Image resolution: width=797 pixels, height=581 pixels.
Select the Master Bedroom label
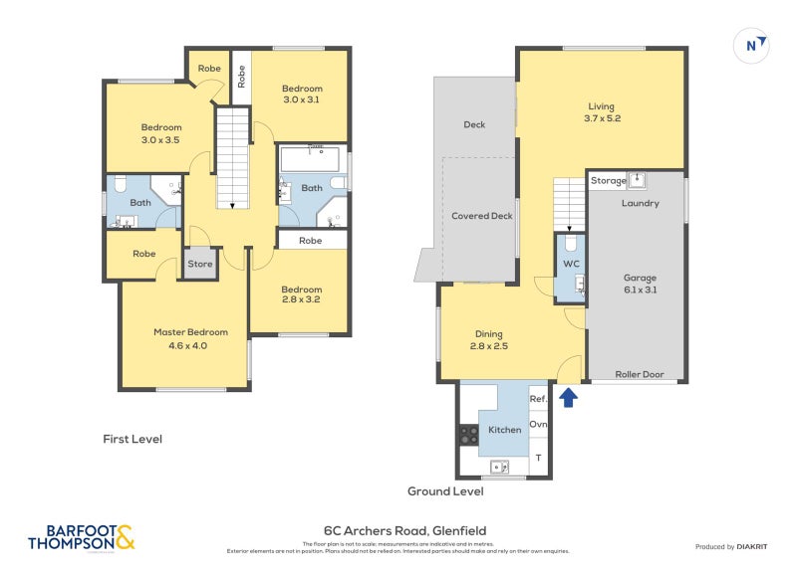point(190,338)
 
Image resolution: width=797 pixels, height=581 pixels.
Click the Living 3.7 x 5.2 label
point(601,111)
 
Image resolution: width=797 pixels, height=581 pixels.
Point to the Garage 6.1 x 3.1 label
point(640,285)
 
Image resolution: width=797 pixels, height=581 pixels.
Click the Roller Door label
point(638,375)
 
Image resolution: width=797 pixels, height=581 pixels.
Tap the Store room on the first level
point(200,265)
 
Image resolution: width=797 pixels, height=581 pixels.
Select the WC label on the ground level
point(571,264)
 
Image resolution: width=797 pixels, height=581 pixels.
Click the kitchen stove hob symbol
point(467,436)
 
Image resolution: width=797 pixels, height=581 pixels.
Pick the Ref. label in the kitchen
point(538,399)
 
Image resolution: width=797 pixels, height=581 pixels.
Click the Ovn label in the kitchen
point(538,424)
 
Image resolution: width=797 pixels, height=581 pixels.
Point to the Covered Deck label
point(481,216)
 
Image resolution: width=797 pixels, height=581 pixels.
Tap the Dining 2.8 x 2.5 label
point(488,340)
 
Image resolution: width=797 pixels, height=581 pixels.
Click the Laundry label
point(640,203)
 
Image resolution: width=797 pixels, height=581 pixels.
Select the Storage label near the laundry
point(609,181)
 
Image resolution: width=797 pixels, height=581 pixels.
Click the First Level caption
point(133,439)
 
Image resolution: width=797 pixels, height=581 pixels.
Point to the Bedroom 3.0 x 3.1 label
point(302,94)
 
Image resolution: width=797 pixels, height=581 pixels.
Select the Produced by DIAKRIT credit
point(737,546)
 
